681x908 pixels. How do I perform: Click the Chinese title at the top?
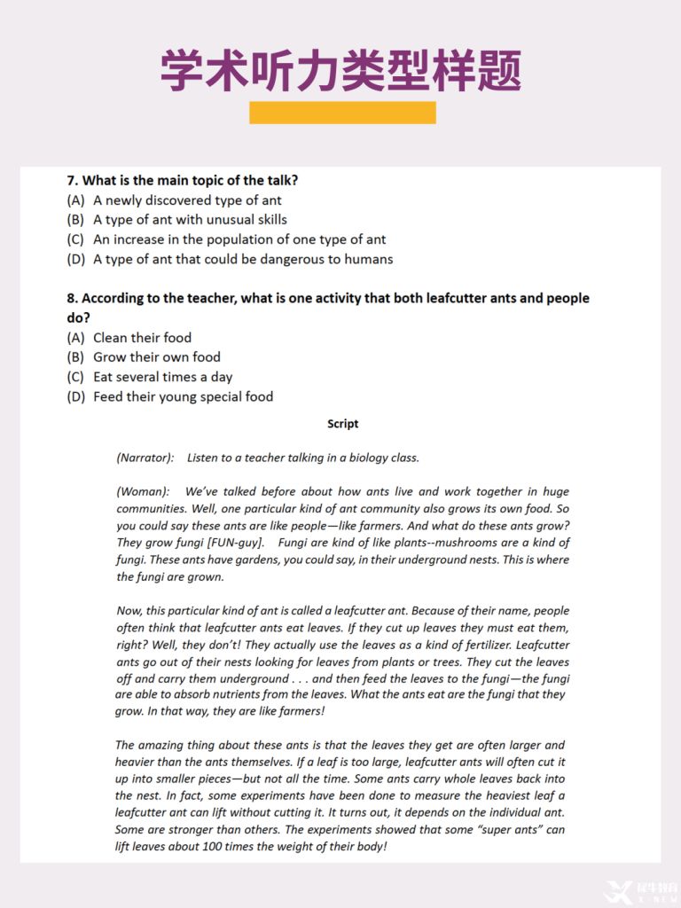point(340,70)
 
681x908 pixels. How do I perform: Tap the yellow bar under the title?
point(342,113)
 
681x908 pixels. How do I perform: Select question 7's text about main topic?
point(183,180)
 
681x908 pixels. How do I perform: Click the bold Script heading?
point(342,424)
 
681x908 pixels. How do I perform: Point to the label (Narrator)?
point(145,458)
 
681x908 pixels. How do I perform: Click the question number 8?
point(73,298)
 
